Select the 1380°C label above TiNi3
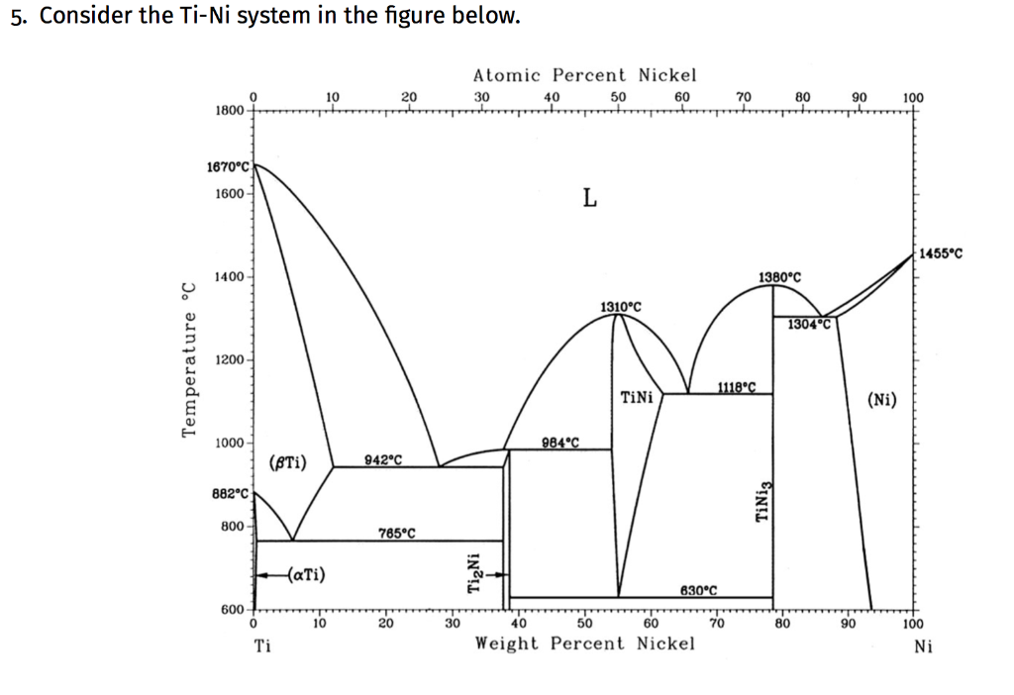coord(779,278)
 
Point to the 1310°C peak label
coord(621,307)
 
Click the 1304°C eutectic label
coord(807,324)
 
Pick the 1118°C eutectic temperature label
coord(737,386)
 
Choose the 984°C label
coord(561,442)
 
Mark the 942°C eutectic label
coord(383,458)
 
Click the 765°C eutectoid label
coord(396,534)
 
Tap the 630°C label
coord(698,590)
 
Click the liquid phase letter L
coord(589,199)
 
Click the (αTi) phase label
coord(308,573)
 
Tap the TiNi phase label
coord(636,398)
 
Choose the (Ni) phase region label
coord(881,400)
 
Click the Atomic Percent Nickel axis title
coord(584,75)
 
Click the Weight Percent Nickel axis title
coord(584,644)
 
